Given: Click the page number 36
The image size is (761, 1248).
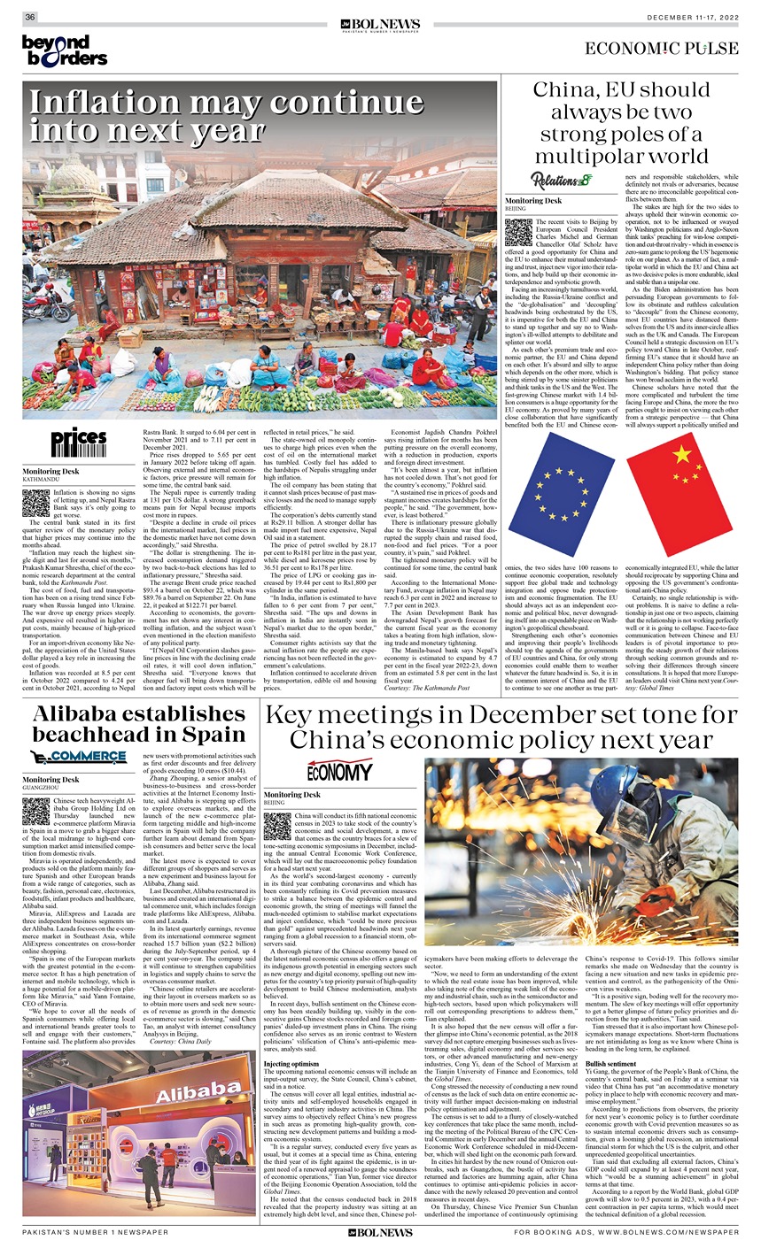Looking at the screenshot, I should pyautogui.click(x=30, y=18).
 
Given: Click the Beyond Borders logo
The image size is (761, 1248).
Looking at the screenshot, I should pyautogui.click(x=64, y=51).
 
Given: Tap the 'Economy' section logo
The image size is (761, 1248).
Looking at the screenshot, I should pyautogui.click(x=338, y=771).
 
